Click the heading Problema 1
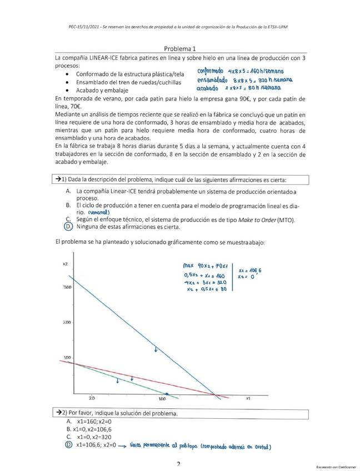point(180,49)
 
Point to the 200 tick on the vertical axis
point(68,322)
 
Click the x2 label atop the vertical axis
point(65,263)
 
